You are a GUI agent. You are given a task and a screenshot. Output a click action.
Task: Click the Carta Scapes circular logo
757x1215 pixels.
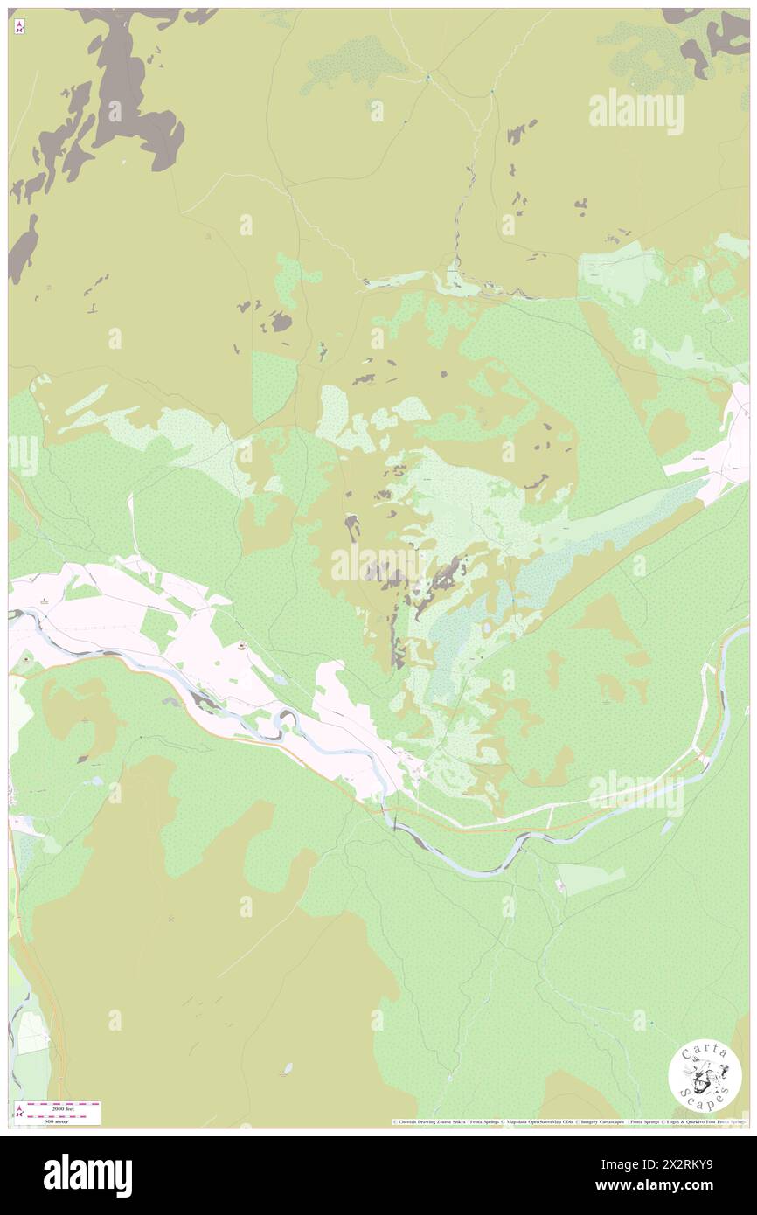coord(705,1077)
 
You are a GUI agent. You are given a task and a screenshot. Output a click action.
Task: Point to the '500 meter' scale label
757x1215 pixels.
coord(57,1121)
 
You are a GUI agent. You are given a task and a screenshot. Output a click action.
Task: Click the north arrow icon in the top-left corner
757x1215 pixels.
coord(19,26)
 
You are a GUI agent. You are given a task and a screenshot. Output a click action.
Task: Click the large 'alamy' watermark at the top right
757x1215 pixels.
coord(635,111)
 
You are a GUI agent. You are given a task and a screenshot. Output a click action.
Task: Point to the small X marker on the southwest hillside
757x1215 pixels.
coord(171,919)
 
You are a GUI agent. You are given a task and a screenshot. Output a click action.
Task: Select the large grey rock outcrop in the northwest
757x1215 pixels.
coord(131,96)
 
